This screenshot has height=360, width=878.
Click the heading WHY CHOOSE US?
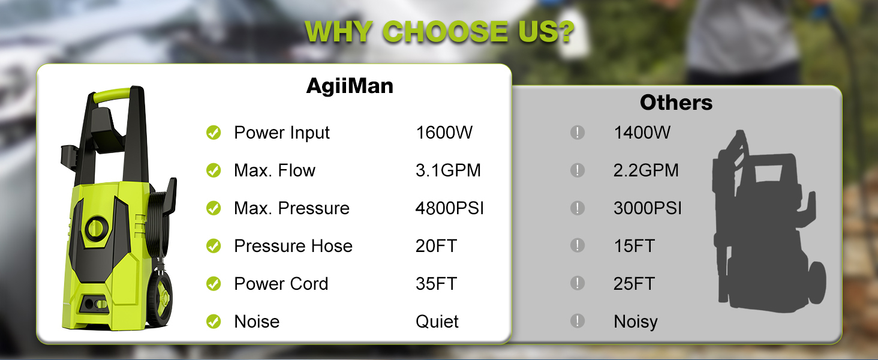tap(440, 31)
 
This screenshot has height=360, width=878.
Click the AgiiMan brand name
tap(350, 85)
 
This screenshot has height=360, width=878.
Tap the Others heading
tap(676, 103)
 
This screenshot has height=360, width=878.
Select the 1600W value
tap(444, 133)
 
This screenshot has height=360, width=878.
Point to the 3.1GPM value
tap(448, 170)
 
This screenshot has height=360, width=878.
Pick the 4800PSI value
tap(450, 208)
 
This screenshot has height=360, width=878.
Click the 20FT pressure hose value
tap(436, 246)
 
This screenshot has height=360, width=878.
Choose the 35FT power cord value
tap(436, 284)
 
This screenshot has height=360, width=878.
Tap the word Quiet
tap(437, 322)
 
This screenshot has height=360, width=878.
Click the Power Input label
tap(282, 133)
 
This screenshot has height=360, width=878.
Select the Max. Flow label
tap(275, 170)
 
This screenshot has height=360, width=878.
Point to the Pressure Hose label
tap(293, 246)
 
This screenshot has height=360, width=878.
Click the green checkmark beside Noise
tap(214, 321)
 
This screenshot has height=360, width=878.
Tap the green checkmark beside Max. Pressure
tap(214, 208)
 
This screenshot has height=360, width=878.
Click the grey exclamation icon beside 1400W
tap(578, 132)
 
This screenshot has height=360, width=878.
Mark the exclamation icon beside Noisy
tap(578, 321)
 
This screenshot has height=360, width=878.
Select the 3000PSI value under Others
tap(648, 208)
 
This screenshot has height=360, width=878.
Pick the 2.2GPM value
tap(646, 170)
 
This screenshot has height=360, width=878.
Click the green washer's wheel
tap(161, 298)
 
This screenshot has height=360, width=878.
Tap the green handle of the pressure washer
tap(112, 95)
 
